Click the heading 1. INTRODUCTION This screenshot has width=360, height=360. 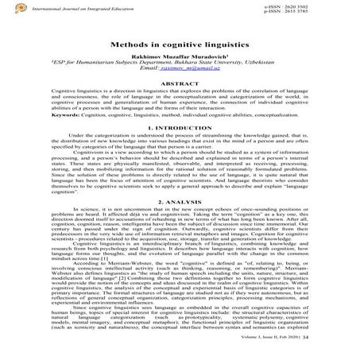[x=180, y=149]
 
